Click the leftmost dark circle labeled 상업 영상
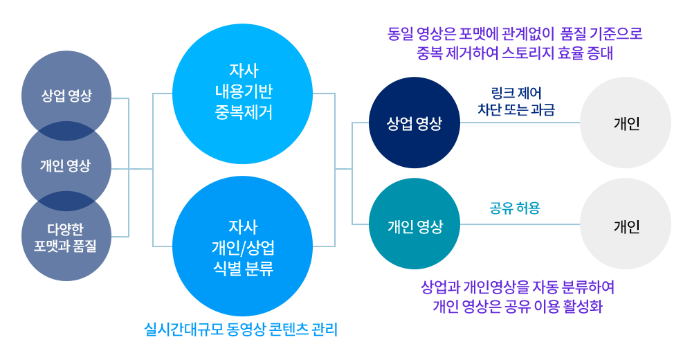(x=66, y=96)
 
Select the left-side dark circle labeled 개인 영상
(x=66, y=166)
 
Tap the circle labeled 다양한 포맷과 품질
(x=66, y=237)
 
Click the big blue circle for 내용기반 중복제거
(x=242, y=93)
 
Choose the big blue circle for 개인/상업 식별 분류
(x=242, y=246)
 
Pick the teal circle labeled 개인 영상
(x=414, y=224)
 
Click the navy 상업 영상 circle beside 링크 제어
(x=414, y=123)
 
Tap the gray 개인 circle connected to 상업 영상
(x=626, y=123)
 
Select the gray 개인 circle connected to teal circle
(x=626, y=224)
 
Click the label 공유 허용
(x=516, y=207)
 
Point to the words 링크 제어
(x=516, y=93)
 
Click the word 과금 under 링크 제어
(x=543, y=109)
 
